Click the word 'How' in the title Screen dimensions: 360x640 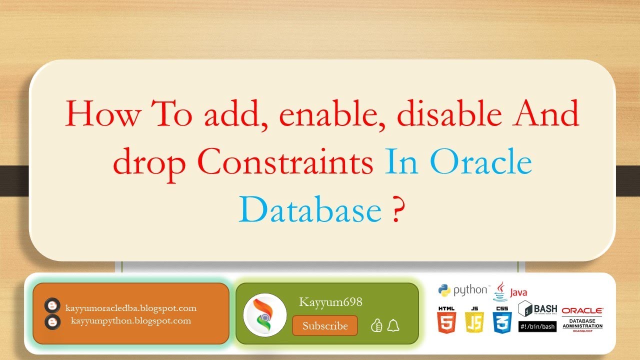click(103, 114)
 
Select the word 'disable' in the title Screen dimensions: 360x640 click(449, 114)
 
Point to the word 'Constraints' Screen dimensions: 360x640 click(285, 163)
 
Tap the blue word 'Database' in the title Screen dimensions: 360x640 click(310, 210)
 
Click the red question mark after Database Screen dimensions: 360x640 click(395, 210)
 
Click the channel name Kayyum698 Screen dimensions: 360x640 click(330, 302)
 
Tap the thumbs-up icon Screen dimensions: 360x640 click(376, 326)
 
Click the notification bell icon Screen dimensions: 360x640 click(393, 326)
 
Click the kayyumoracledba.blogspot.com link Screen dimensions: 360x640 click(131, 308)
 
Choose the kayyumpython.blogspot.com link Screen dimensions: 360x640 click(131, 321)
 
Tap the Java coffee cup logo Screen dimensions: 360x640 click(500, 290)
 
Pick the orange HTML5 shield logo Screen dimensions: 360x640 click(446, 320)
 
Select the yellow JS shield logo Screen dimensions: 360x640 click(474, 320)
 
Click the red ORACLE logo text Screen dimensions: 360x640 click(582, 310)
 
